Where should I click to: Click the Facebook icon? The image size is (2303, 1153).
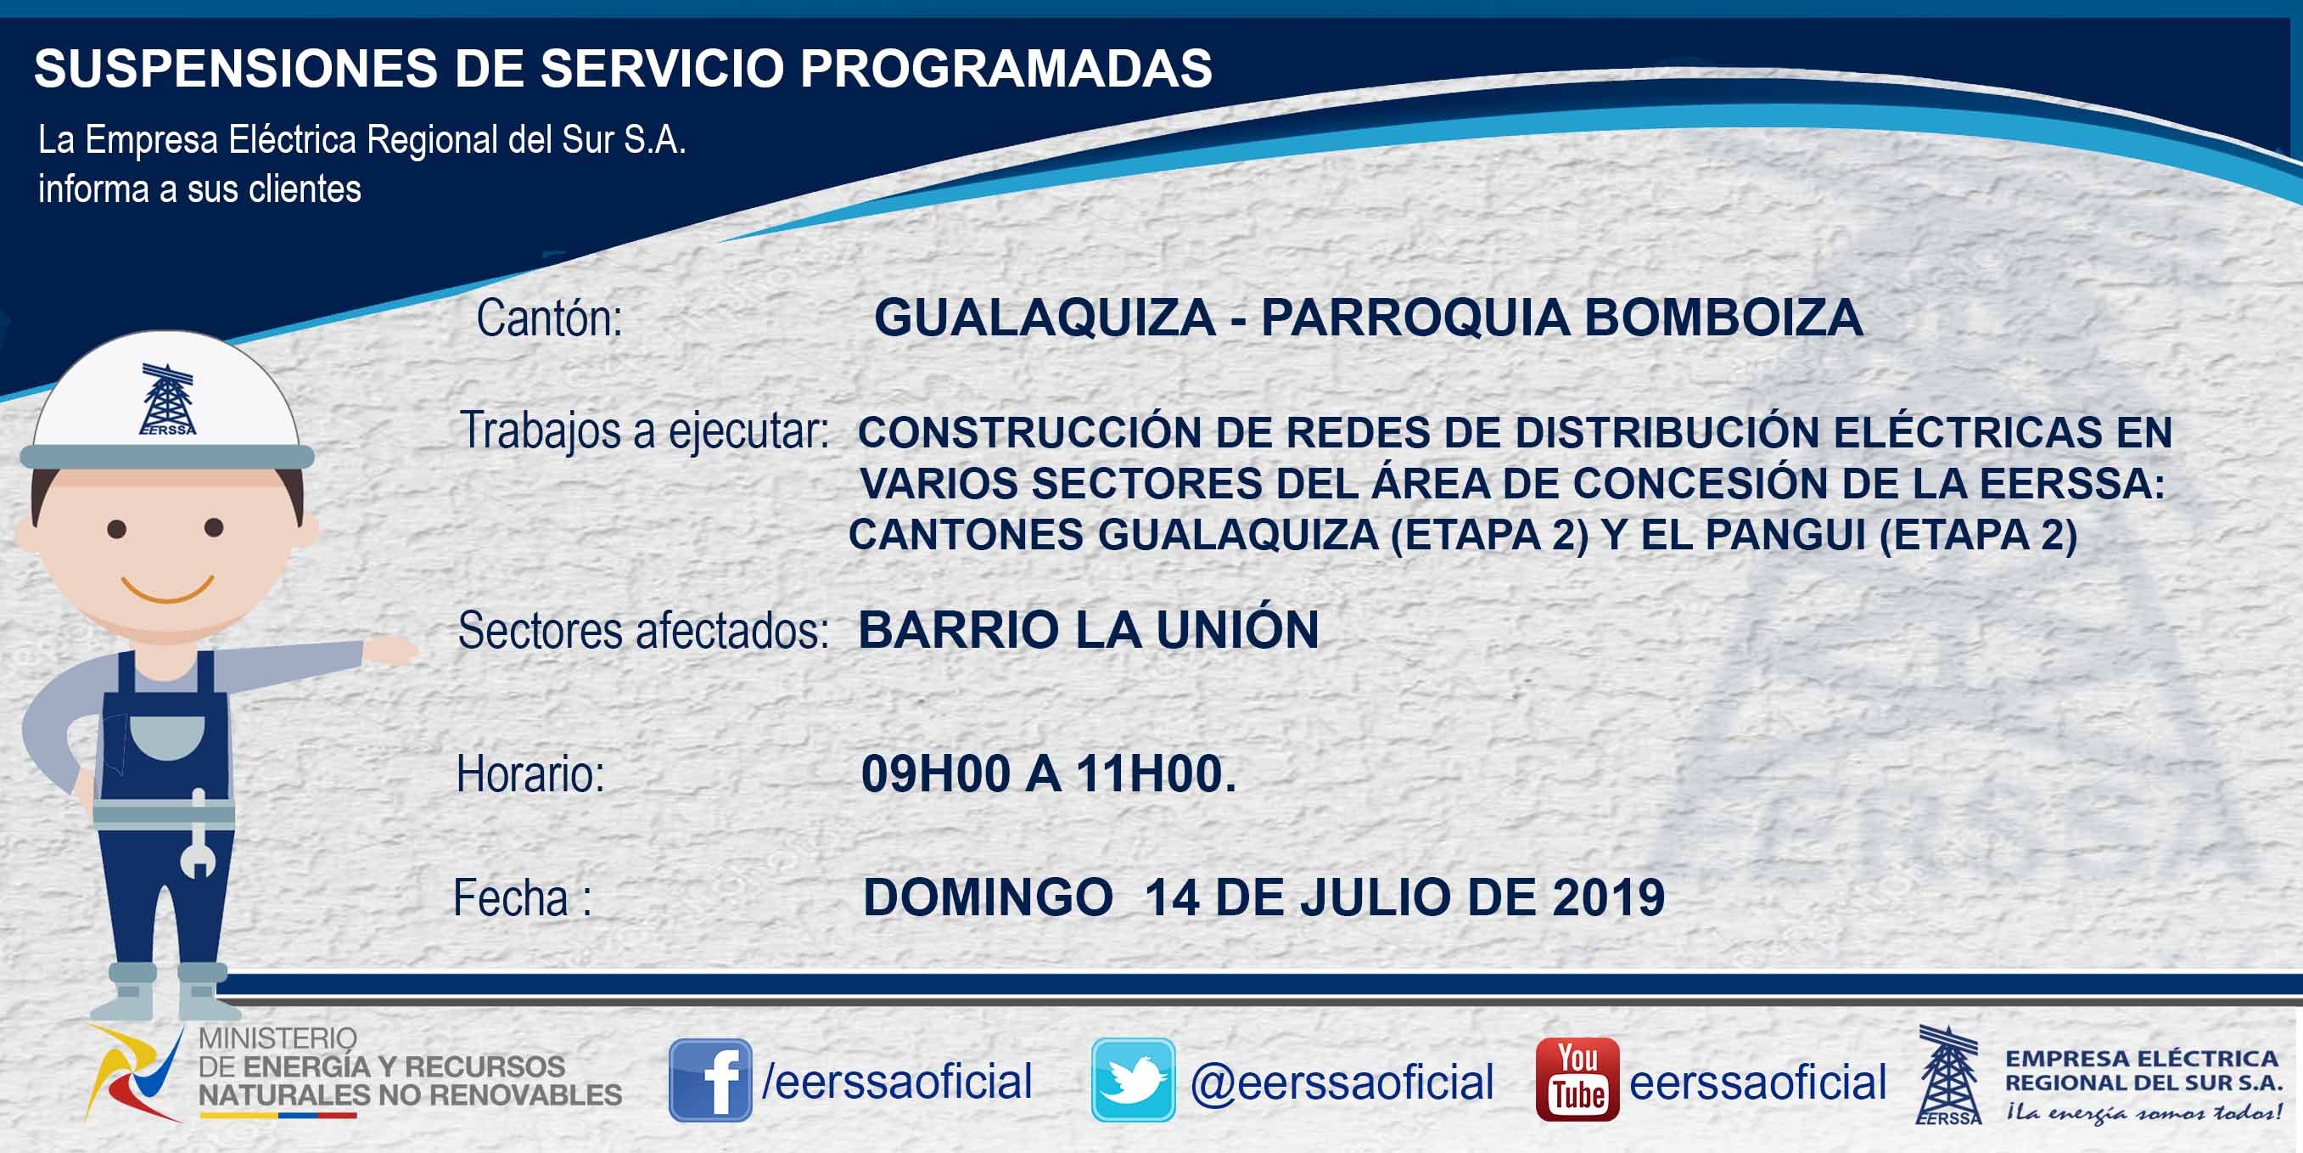point(711,1080)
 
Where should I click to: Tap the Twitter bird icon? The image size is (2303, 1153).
point(1133,1080)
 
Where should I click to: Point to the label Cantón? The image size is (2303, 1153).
point(549,318)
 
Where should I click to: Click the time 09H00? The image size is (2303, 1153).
point(935,773)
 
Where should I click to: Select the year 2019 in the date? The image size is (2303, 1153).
point(1608,897)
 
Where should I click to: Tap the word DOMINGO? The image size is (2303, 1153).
point(988,897)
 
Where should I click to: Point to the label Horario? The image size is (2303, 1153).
point(530,773)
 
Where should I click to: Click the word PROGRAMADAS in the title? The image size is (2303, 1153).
point(1006,68)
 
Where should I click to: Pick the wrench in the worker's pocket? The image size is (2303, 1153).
point(198,834)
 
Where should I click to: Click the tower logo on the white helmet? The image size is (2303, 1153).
point(167,399)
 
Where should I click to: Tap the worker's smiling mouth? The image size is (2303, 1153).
point(167,590)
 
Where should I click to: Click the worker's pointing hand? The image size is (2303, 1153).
point(390,650)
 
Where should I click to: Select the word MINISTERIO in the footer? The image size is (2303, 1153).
point(277,1038)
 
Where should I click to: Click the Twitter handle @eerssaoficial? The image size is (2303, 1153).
point(1342,1083)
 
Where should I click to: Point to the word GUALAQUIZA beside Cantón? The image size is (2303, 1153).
point(1045,318)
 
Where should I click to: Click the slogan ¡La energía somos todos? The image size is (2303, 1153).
point(2143,1113)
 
